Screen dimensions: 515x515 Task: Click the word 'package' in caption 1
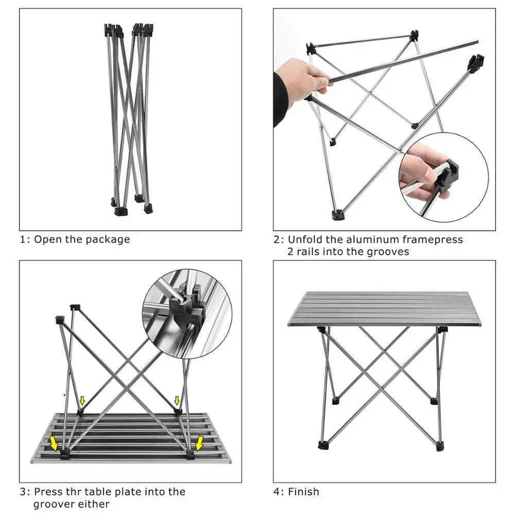pos(108,239)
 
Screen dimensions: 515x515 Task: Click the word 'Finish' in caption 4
pos(303,492)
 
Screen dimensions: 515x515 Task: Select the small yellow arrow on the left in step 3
pos(82,401)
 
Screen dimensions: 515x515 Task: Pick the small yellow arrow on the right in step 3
pos(177,400)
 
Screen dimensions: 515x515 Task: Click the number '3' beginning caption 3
pos(23,492)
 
